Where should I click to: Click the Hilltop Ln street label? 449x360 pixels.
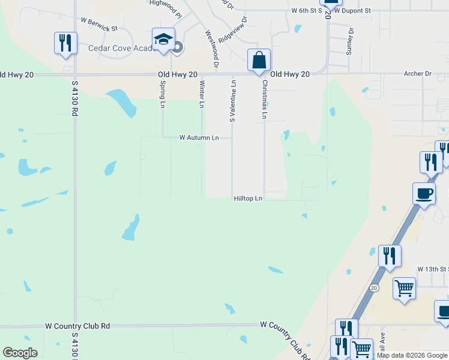pyautogui.click(x=248, y=198)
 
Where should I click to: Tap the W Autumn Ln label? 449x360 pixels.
pyautogui.click(x=199, y=137)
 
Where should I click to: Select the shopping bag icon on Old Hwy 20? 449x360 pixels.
pyautogui.click(x=259, y=60)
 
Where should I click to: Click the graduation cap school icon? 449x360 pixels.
pyautogui.click(x=163, y=39)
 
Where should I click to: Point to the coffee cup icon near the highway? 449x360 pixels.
pyautogui.click(x=424, y=194)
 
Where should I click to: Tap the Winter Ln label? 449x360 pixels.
pyautogui.click(x=202, y=94)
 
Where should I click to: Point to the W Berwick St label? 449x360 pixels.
pyautogui.click(x=98, y=28)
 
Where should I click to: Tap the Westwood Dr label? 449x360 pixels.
pyautogui.click(x=212, y=49)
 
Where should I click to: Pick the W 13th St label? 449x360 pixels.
pyautogui.click(x=433, y=269)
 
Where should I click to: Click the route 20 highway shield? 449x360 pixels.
pyautogui.click(x=373, y=288)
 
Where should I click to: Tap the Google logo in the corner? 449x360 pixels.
pyautogui.click(x=20, y=353)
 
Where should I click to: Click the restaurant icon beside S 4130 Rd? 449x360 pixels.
pyautogui.click(x=65, y=43)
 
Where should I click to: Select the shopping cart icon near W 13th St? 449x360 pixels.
pyautogui.click(x=404, y=288)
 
